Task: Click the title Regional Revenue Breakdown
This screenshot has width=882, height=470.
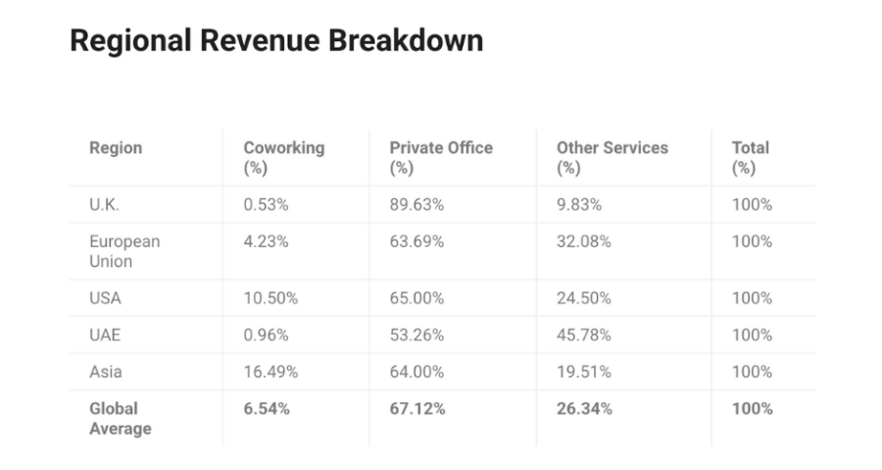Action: pyautogui.click(x=276, y=41)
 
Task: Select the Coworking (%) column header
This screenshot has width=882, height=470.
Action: pyautogui.click(x=283, y=157)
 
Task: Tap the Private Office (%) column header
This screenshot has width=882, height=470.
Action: pyautogui.click(x=441, y=157)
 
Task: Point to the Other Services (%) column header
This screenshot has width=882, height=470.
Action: pyautogui.click(x=612, y=157)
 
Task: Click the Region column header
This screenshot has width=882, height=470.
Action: pyautogui.click(x=116, y=148)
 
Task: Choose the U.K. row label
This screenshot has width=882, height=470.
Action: pyautogui.click(x=105, y=205)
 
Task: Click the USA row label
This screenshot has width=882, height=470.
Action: pyautogui.click(x=106, y=298)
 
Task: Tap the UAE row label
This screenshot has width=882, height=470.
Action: pyautogui.click(x=105, y=335)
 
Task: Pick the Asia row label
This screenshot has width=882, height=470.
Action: pyautogui.click(x=106, y=372)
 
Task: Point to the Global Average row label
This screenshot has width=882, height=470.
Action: pyautogui.click(x=120, y=418)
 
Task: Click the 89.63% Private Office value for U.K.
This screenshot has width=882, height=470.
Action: pyautogui.click(x=416, y=205)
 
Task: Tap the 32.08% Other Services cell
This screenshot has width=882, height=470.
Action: pyautogui.click(x=583, y=242)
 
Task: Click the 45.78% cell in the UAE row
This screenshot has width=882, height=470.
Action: pyautogui.click(x=584, y=335)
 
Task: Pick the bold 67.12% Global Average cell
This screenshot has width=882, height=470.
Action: pyautogui.click(x=417, y=409)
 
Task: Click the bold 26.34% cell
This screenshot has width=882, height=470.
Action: pyautogui.click(x=584, y=409)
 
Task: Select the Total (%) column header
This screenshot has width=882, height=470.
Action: pyautogui.click(x=750, y=157)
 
